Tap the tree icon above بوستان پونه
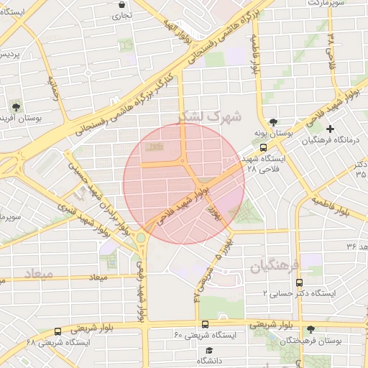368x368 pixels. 272,121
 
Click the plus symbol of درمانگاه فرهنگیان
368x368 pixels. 330,129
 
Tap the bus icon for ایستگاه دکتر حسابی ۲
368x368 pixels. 300,282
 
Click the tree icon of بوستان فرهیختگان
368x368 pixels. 310,329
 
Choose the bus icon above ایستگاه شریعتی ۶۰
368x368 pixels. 206,324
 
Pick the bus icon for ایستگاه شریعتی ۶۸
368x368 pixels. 57,331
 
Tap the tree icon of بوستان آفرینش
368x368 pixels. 16,107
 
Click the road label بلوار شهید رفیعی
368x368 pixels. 142,288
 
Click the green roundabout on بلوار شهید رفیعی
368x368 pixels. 142,237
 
